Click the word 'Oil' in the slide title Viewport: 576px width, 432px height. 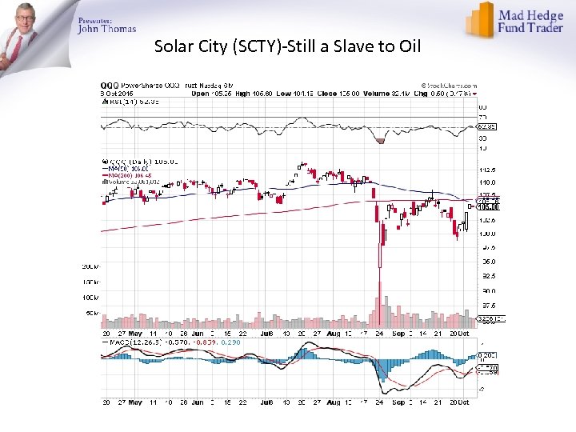(x=410, y=46)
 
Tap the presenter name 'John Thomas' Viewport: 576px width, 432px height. (x=107, y=30)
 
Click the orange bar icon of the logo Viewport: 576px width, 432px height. (x=481, y=19)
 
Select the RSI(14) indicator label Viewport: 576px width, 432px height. (x=124, y=101)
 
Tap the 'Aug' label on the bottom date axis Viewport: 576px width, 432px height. (x=334, y=403)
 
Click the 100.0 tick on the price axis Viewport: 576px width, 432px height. (x=486, y=234)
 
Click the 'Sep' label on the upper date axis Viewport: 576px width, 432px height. (x=398, y=333)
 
